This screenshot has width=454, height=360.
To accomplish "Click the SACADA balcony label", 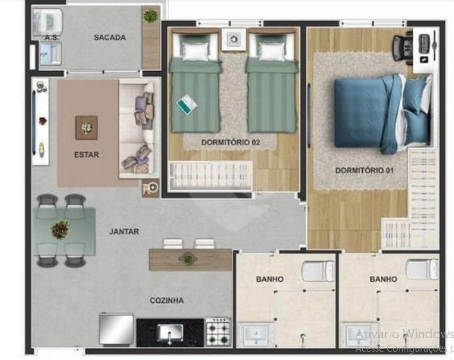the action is (110, 37).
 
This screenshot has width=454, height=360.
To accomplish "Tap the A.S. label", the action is (52, 38).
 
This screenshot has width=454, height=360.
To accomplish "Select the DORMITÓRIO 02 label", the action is (231, 142).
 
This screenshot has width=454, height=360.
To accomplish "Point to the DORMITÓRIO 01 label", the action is (364, 170).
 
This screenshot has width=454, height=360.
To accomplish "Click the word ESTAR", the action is (87, 155).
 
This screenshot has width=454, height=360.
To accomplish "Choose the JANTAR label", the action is (124, 232).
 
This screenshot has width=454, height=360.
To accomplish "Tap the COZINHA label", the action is (167, 300).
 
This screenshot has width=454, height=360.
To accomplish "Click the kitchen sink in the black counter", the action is (170, 333).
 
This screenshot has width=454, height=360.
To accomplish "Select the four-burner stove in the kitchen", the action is (218, 332).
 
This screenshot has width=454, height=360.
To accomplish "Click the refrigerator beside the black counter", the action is (116, 329).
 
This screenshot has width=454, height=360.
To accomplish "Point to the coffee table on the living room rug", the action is (86, 128).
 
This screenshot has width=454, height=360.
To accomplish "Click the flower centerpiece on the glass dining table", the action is (60, 229).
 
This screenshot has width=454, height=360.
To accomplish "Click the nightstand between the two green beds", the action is (234, 39).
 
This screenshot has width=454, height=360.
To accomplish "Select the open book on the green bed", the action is (186, 104).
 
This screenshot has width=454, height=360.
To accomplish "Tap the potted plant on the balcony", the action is (150, 15).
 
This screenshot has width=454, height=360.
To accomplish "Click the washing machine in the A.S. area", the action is (48, 22).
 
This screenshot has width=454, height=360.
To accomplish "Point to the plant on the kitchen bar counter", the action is (188, 259).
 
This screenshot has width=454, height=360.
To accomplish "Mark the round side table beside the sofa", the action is (151, 188).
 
